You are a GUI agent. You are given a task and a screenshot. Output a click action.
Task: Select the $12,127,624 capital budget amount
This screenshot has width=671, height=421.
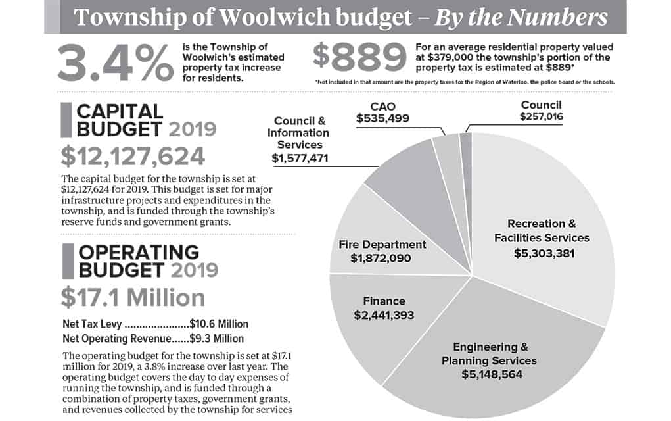click(x=132, y=156)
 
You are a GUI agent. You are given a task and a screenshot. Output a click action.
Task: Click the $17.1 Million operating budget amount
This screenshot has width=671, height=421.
click(x=133, y=297)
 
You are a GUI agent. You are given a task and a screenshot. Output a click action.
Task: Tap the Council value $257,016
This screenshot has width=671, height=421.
click(x=543, y=118)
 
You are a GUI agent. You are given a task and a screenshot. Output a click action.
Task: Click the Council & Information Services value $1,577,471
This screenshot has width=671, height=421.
click(x=300, y=158)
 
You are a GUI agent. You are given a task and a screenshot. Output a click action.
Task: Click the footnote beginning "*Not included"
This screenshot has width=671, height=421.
click(x=465, y=82)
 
